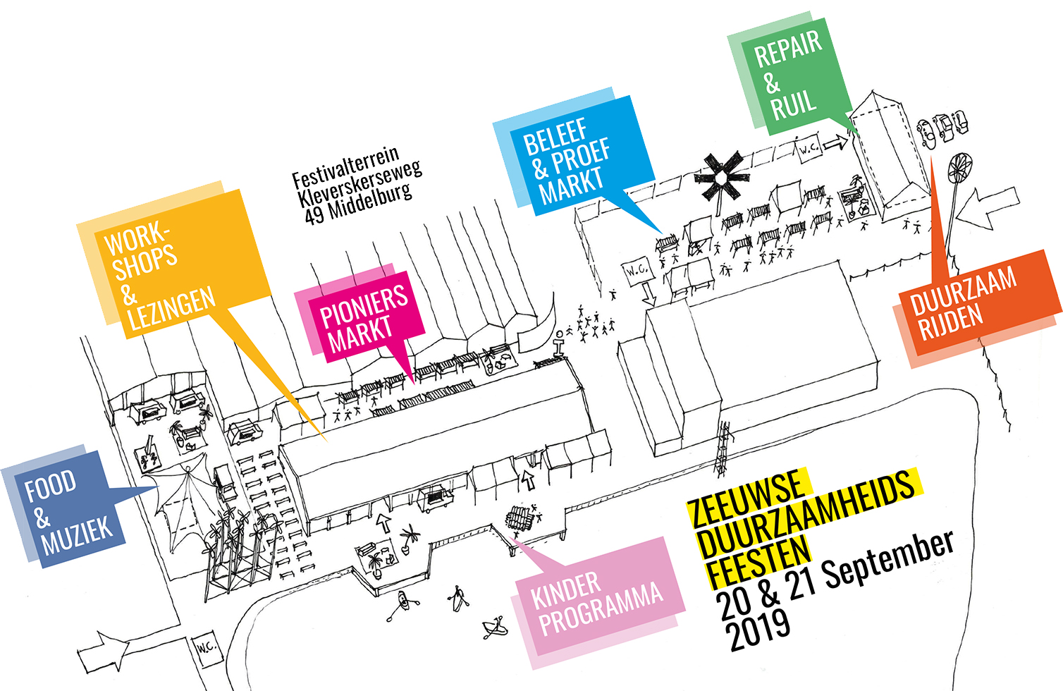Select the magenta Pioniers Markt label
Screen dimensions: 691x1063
363,319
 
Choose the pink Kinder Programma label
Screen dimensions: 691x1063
598,603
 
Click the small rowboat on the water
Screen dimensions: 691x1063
496,627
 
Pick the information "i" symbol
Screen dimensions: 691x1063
560,343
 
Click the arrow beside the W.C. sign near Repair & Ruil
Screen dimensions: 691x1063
836,143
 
